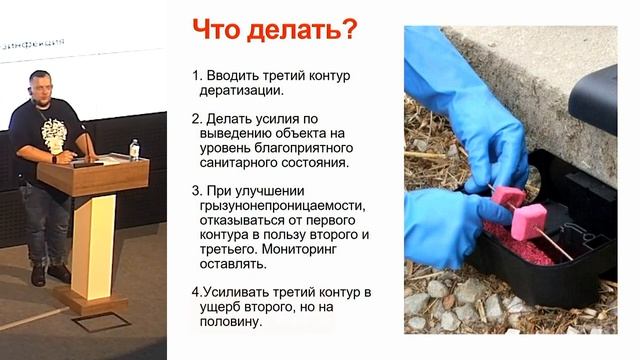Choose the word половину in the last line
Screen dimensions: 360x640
[233, 323]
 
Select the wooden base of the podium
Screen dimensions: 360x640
[95, 299]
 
